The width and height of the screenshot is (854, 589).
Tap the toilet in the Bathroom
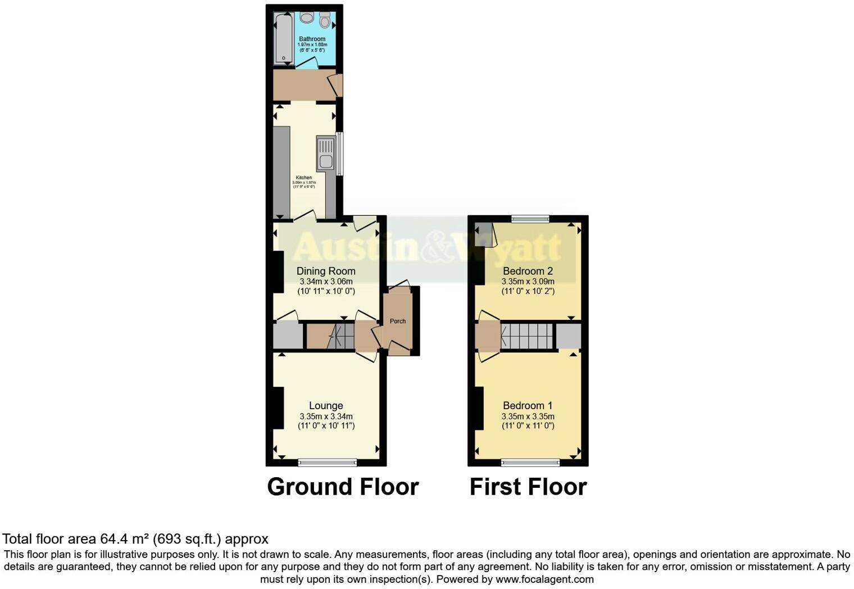pos(324,20)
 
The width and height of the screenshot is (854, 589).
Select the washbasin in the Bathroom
pos(306,18)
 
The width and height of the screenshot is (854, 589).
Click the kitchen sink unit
pos(325,154)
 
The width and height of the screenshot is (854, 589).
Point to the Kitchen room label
pos(304,178)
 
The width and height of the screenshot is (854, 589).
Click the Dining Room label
pos(326,271)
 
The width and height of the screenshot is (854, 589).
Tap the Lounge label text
pos(326,406)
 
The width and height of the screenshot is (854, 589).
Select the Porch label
pos(398,321)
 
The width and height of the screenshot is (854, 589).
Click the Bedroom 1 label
pos(528,406)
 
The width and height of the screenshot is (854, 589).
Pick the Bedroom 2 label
pos(528,271)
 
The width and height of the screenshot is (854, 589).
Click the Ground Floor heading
pos(343,487)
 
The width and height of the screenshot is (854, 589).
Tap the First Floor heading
pos(528,487)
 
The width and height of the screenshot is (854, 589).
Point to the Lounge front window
pos(328,463)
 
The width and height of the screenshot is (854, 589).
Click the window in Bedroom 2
pos(530,219)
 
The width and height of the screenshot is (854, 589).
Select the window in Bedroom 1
pos(530,463)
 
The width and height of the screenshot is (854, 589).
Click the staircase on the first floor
pos(527,336)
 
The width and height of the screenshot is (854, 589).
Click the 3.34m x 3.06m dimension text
pos(326,282)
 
